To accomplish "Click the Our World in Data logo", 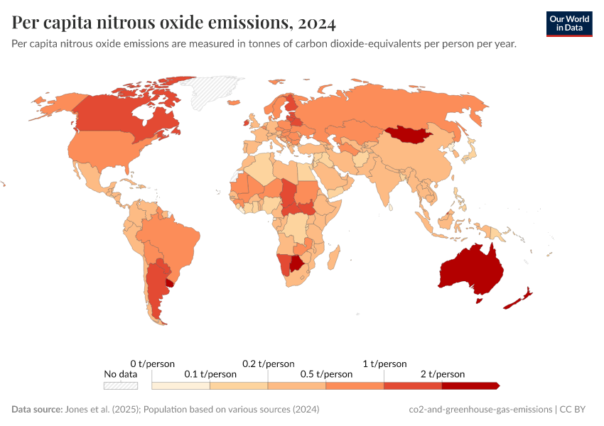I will point(569,23).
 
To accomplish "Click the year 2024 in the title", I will point(317,23).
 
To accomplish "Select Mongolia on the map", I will point(407,134).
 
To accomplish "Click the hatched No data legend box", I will point(121,386).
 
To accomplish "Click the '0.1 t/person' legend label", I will point(210,374).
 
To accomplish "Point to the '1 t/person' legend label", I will point(384,364).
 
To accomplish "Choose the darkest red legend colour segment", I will point(469,386).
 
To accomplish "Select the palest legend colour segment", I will point(181,386).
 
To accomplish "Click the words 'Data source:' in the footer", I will point(37,410).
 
